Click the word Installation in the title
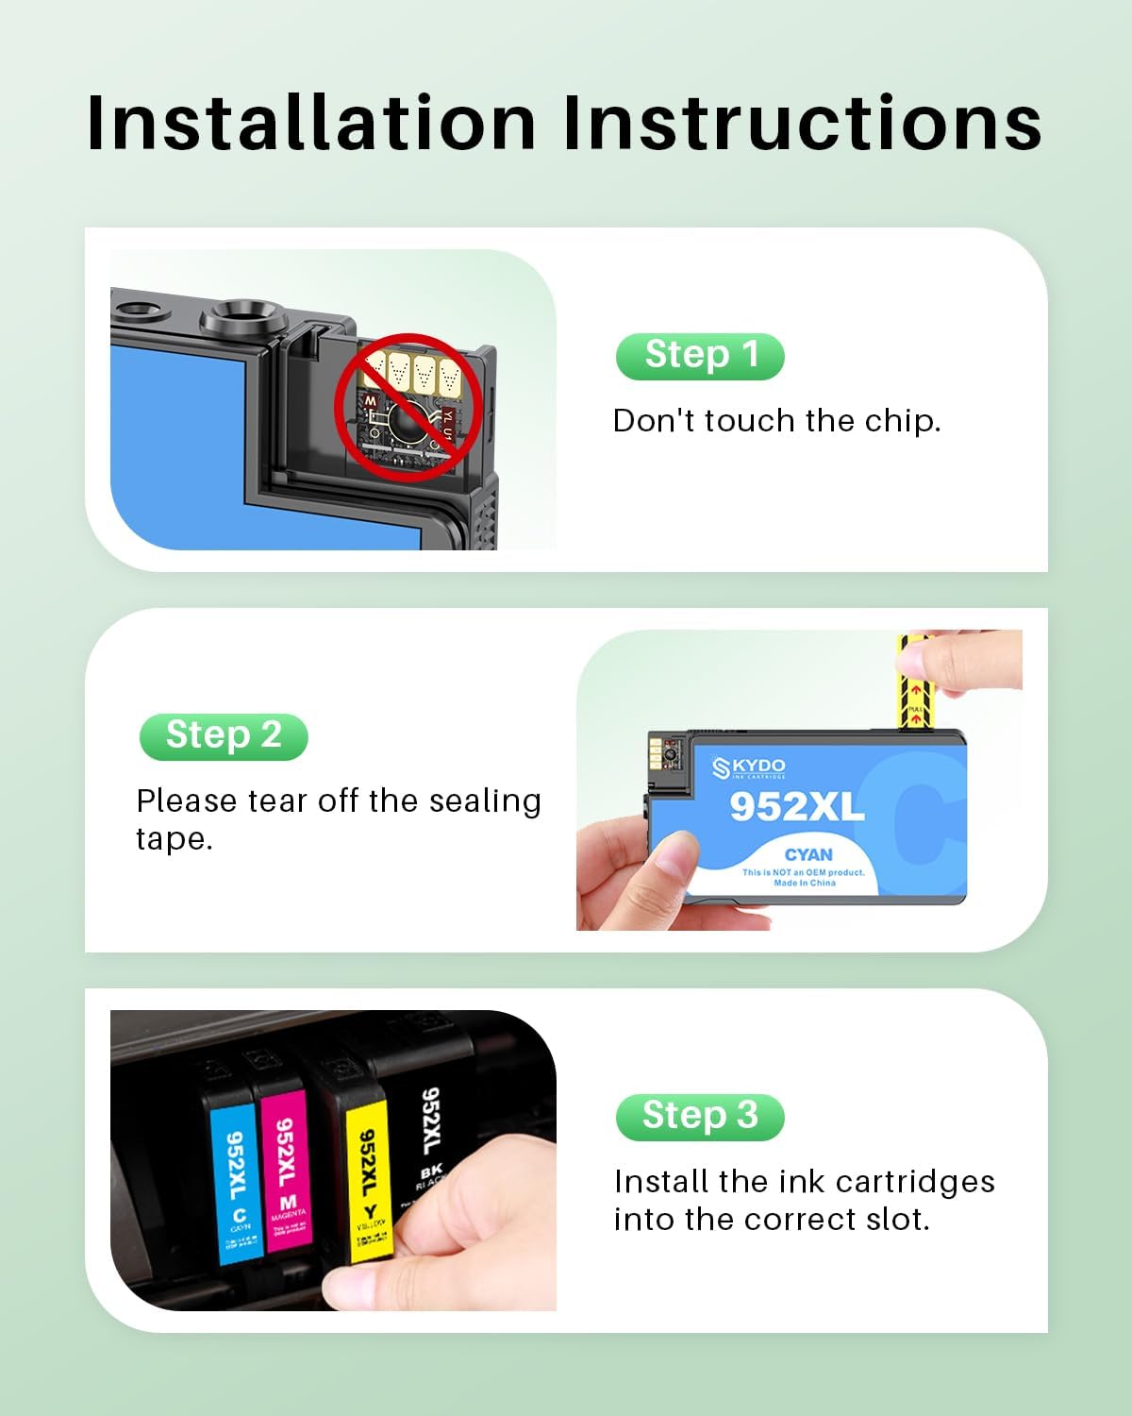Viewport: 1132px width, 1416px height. [x=311, y=123]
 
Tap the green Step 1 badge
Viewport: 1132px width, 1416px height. [x=700, y=356]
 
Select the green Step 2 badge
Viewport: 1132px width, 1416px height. [x=224, y=736]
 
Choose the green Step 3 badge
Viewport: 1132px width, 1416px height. [x=700, y=1117]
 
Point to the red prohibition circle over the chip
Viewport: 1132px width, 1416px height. [x=408, y=407]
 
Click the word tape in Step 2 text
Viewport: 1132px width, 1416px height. [x=174, y=839]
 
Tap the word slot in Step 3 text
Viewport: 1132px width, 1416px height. [x=897, y=1220]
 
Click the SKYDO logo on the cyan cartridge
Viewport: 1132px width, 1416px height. [x=749, y=767]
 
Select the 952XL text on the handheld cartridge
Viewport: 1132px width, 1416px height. [x=796, y=807]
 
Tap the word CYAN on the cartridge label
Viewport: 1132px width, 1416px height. [x=808, y=855]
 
